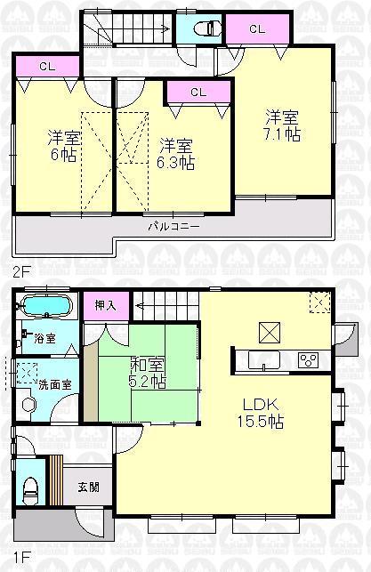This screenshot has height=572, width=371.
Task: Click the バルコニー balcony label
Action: point(173,226)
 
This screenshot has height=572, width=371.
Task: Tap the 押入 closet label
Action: point(105,305)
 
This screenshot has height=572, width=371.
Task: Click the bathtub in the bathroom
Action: point(47,308)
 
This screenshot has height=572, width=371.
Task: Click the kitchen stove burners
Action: point(309,360)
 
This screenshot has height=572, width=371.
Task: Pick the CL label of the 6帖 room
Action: point(48,65)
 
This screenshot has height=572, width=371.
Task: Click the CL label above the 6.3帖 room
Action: point(198,92)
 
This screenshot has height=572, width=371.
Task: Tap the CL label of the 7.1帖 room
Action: point(256,29)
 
